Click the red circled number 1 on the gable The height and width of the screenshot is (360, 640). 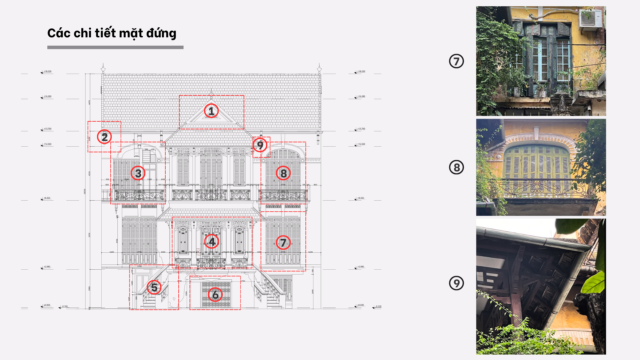point(211,111)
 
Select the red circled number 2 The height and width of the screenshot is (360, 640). point(104,137)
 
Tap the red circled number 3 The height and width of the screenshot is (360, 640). point(138,173)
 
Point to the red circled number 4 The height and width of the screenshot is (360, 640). point(212,242)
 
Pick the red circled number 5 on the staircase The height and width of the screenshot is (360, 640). point(154,287)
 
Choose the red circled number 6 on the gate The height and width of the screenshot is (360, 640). point(215,295)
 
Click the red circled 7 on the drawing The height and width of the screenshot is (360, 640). point(283,243)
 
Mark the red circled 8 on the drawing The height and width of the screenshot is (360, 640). point(283,173)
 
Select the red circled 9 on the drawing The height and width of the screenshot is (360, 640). point(260,145)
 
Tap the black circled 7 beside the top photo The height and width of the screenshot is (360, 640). point(456,61)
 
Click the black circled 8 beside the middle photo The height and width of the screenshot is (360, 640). point(456,167)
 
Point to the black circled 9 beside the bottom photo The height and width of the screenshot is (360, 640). point(456,283)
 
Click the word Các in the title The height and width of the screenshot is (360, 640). point(58,33)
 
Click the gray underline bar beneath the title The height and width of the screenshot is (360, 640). point(115,47)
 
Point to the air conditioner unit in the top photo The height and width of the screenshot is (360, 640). point(591,19)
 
